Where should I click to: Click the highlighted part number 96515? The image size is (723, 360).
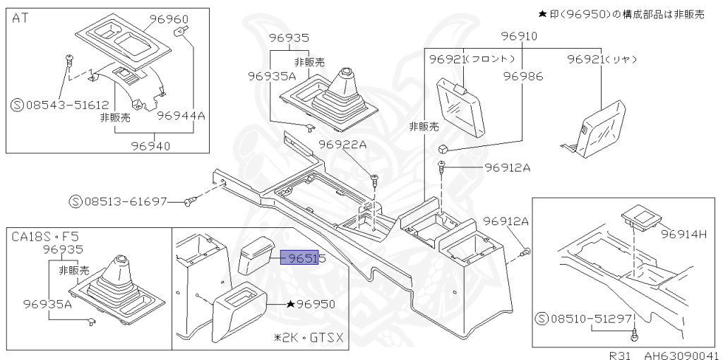pyautogui.click(x=303, y=259)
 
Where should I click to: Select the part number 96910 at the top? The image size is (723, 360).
pyautogui.click(x=519, y=36)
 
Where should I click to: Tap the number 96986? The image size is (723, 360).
pyautogui.click(x=522, y=76)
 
